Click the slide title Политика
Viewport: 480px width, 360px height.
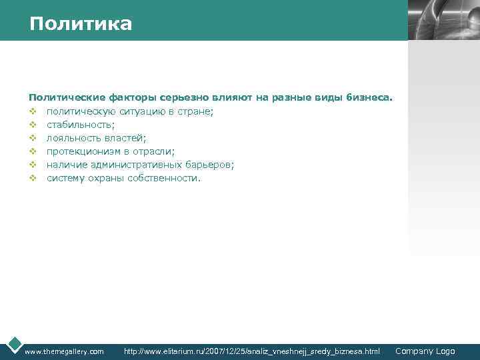(81, 24)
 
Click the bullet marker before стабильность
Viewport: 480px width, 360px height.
(32, 125)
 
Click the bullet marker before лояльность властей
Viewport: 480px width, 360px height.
(32, 138)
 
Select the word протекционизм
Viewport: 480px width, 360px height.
(83, 151)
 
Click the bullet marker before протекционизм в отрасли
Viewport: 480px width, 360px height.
(32, 151)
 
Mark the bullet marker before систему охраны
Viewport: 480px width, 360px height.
(32, 178)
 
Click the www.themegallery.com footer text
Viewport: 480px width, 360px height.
(64, 351)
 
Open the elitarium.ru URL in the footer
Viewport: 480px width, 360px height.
(252, 351)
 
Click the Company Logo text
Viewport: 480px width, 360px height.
(425, 351)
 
